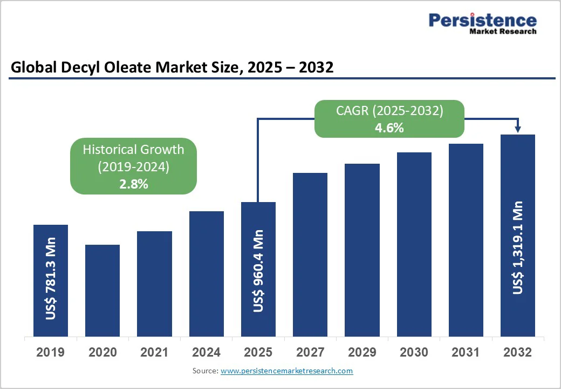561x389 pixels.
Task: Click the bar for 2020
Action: pyautogui.click(x=102, y=290)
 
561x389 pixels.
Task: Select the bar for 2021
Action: pyautogui.click(x=154, y=284)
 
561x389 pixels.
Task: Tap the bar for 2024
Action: pyautogui.click(x=206, y=273)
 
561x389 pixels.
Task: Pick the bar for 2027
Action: pyautogui.click(x=310, y=254)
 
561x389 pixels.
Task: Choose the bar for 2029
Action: pyautogui.click(x=362, y=250)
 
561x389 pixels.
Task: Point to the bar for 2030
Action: pyautogui.click(x=414, y=244)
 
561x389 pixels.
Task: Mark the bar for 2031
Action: pyautogui.click(x=466, y=240)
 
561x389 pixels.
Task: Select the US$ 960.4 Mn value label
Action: pyautogui.click(x=258, y=271)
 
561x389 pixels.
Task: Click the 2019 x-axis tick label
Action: pyautogui.click(x=50, y=353)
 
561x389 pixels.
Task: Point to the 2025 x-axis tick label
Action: pyautogui.click(x=258, y=353)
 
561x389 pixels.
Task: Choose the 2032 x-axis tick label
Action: pyautogui.click(x=517, y=353)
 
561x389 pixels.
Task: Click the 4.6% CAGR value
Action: pyautogui.click(x=389, y=129)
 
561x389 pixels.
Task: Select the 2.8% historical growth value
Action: pyautogui.click(x=133, y=184)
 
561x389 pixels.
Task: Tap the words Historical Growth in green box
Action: pyautogui.click(x=133, y=150)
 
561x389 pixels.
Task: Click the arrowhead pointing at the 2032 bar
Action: pyautogui.click(x=518, y=129)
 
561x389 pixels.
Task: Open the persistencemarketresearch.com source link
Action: pyautogui.click(x=286, y=371)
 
